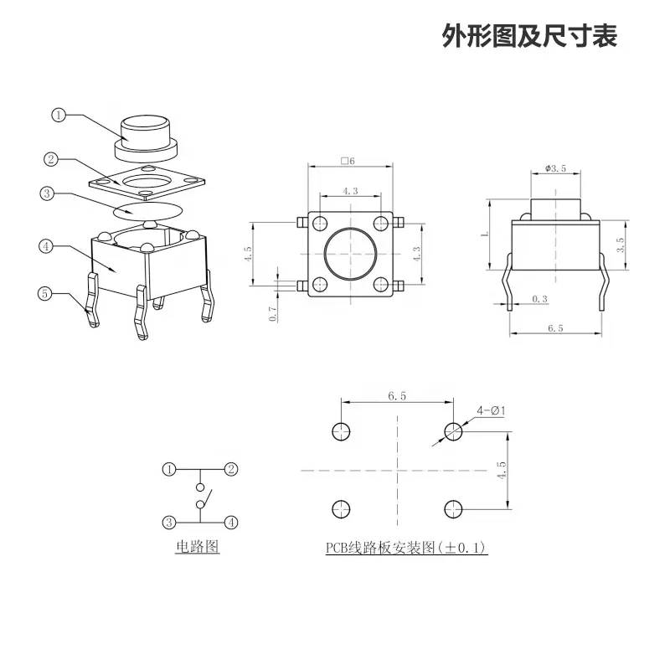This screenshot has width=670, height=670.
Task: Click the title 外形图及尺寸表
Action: pos(529,36)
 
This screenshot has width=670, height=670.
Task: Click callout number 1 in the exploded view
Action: pos(59,116)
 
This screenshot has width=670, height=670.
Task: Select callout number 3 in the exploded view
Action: pos(47,193)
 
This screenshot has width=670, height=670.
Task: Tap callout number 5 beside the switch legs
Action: pos(45,292)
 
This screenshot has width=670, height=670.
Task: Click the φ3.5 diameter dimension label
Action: pos(555,168)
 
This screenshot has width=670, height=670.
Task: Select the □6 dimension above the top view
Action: pos(348,161)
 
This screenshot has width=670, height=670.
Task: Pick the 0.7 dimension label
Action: pos(272,313)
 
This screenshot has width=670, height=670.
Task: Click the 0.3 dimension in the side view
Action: pos(540,299)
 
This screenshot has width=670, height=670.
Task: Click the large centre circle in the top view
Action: pos(350,255)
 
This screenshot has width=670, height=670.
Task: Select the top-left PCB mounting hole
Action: pos(340,431)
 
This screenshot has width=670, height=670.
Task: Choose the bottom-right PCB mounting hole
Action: pos(453,508)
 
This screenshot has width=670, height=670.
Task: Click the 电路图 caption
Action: pos(197,547)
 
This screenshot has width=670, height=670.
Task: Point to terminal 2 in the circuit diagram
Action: pos(231,469)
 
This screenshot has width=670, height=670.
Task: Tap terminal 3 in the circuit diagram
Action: pos(169,521)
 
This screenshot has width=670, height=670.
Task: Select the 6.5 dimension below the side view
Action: pos(554,328)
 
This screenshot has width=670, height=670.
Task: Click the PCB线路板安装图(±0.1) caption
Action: pos(406,548)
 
